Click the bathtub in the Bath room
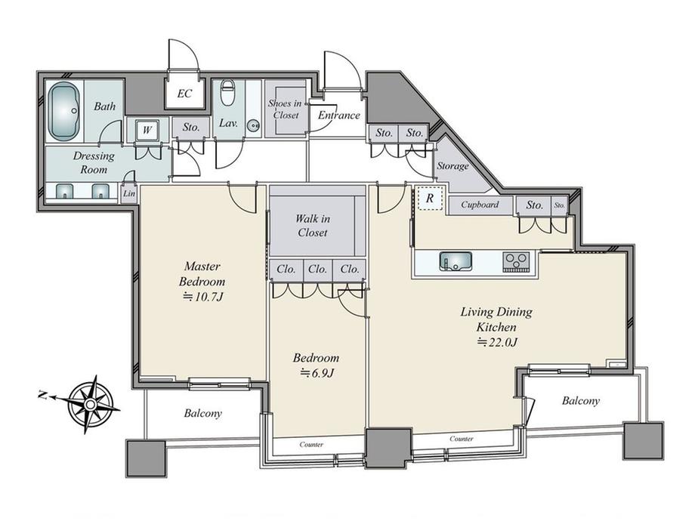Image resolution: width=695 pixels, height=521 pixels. coord(63,111)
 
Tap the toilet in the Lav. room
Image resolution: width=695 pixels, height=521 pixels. coord(227,94)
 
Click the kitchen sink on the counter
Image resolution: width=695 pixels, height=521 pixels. coord(456,261)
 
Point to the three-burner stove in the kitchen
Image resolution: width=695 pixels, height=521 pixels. coord(516,261)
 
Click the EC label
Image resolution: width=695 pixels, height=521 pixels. coord(184,94)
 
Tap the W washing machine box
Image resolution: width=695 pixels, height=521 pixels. coord(147,130)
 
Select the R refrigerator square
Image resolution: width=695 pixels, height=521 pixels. coord(429,199)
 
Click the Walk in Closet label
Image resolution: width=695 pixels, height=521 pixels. coord(312,226)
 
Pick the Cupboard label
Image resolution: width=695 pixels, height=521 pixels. coord(480,205)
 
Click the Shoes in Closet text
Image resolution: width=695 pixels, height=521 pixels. coord(285,109)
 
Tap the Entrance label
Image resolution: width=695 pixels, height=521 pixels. coord(339,116)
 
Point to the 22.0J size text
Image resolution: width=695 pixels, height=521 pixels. coord(498,342)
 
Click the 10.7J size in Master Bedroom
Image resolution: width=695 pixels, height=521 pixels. coord(202,297)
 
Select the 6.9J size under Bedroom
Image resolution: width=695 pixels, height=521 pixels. coord(317,373)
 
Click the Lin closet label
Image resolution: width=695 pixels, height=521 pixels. coord(129,193)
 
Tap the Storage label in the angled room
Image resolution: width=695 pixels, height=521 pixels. coord(453,166)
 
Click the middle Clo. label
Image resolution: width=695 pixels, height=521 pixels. coord(317,269)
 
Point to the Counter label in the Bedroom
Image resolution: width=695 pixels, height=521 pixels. coord(311,444)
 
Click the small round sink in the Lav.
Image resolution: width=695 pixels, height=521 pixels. coord(254,125)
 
